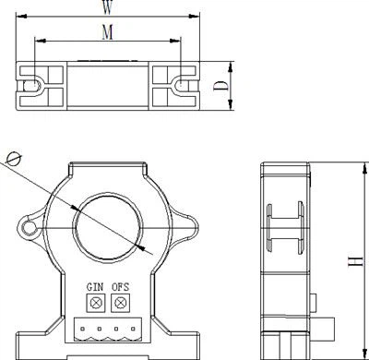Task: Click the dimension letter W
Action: [x=107, y=7]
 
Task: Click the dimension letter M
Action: [x=107, y=31]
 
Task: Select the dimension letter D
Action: [x=221, y=86]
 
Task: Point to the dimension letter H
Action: [x=356, y=261]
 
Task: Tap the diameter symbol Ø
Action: [x=14, y=159]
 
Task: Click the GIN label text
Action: [x=95, y=287]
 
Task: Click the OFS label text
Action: [x=120, y=287]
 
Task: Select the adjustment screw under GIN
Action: [x=96, y=303]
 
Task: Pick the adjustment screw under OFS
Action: [x=120, y=303]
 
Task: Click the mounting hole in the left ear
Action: [x=30, y=228]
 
